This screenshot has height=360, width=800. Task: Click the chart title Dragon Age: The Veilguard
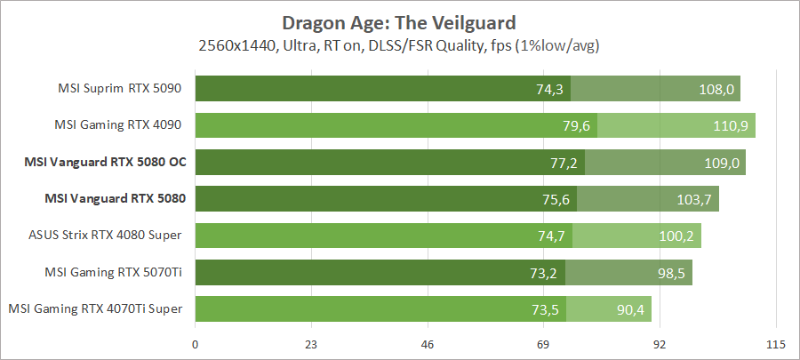pyautogui.click(x=399, y=21)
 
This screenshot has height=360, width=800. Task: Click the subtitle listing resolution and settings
pyautogui.click(x=399, y=44)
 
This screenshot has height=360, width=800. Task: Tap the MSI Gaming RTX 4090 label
pyautogui.click(x=122, y=125)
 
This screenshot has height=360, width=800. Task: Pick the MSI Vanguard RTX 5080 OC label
pyautogui.click(x=115, y=162)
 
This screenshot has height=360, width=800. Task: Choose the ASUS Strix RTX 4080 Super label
pyautogui.click(x=107, y=235)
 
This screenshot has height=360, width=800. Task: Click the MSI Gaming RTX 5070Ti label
pyautogui.click(x=115, y=272)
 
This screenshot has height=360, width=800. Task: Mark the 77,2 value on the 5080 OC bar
pyautogui.click(x=562, y=162)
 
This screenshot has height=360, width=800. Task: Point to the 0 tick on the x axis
pyautogui.click(x=195, y=344)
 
